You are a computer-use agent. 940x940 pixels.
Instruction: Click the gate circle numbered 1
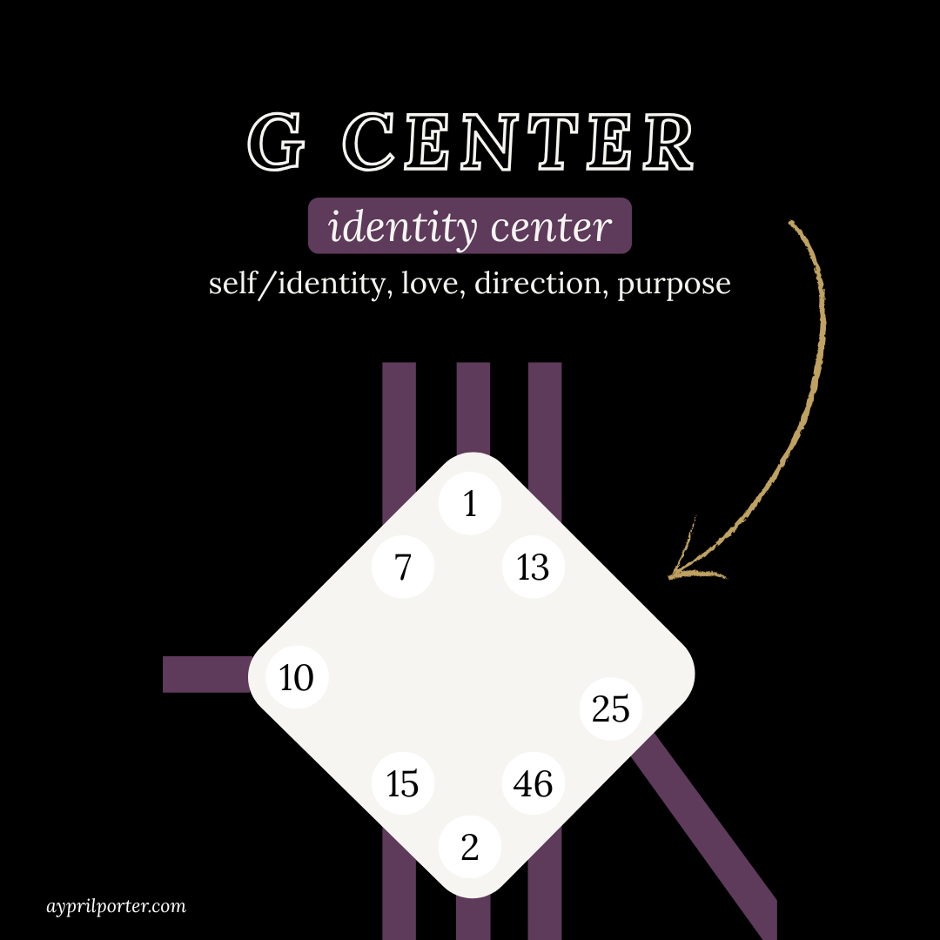pyautogui.click(x=470, y=503)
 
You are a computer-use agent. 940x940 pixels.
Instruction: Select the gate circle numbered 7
pyautogui.click(x=402, y=567)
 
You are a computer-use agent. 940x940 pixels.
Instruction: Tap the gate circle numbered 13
pyautogui.click(x=533, y=567)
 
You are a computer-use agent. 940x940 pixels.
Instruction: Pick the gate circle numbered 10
pyautogui.click(x=297, y=677)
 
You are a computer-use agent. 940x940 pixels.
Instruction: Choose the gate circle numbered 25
pyautogui.click(x=610, y=708)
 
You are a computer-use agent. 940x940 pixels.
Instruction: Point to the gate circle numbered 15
pyautogui.click(x=402, y=784)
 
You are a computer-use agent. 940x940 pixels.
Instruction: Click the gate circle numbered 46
pyautogui.click(x=533, y=784)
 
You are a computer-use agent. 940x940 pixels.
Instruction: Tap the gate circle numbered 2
pyautogui.click(x=470, y=847)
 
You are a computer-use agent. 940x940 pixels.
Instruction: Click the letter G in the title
pyautogui.click(x=277, y=142)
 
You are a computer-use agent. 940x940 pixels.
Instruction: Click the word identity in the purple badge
pyautogui.click(x=402, y=227)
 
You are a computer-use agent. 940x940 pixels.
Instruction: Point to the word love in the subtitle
pyautogui.click(x=426, y=285)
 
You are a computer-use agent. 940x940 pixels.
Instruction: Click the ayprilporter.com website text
pyautogui.click(x=116, y=906)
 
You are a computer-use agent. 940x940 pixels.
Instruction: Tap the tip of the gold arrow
pyautogui.click(x=671, y=575)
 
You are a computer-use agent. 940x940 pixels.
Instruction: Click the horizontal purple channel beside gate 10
pyautogui.click(x=205, y=675)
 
